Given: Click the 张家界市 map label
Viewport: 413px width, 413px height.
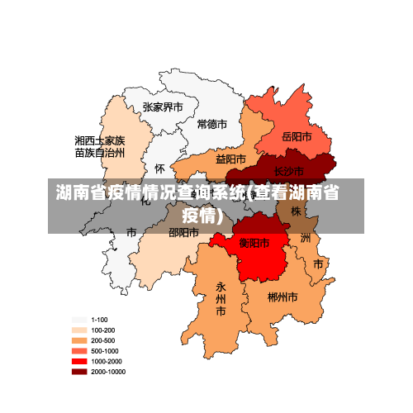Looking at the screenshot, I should (163, 107).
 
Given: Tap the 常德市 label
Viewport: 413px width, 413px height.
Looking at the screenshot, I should (211, 124).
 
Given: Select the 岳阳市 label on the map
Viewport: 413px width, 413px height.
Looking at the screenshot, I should (297, 136).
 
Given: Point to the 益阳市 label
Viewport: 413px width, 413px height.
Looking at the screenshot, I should (231, 159).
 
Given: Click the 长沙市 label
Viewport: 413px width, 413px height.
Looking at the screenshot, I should (289, 171).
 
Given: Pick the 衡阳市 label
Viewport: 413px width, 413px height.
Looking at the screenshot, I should (254, 243).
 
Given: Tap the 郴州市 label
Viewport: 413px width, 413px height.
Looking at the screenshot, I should (282, 296).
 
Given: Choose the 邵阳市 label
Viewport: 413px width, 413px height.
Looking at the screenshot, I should (183, 233).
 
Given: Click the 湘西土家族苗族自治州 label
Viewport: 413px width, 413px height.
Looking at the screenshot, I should (99, 147).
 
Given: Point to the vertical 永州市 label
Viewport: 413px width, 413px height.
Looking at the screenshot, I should (221, 299).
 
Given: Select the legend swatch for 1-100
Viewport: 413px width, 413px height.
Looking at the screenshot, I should (79, 320).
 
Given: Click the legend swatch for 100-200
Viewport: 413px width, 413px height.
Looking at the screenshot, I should (79, 330).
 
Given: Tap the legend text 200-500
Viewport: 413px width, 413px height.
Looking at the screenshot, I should (102, 340).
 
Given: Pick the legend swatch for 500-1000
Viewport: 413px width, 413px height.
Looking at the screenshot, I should (79, 351).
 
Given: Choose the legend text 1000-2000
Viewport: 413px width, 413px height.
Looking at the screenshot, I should (105, 361).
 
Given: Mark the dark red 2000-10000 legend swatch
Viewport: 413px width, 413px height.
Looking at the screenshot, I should (79, 372).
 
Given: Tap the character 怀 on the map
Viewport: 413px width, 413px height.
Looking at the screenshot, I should (159, 168).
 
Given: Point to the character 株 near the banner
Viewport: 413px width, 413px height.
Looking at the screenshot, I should (296, 211).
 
